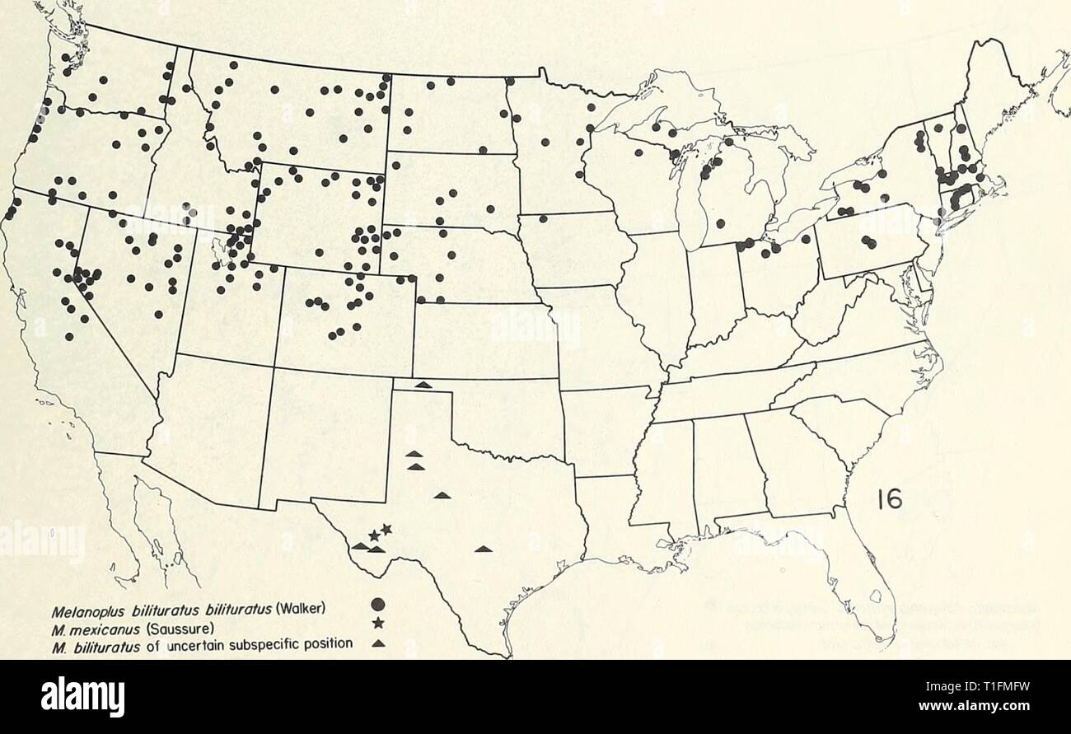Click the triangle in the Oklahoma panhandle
(x=423, y=384)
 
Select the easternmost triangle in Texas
(x=483, y=548)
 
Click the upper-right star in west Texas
(x=386, y=529)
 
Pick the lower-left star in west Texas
(x=374, y=536)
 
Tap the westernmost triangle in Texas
(x=360, y=545)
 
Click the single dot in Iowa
(x=544, y=218)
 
